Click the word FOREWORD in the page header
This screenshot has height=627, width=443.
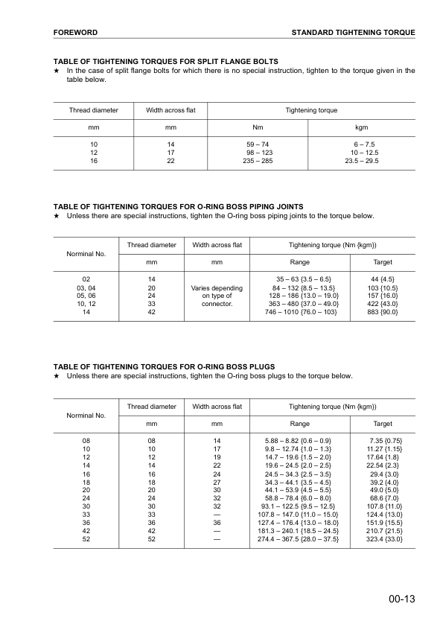coord(76,34)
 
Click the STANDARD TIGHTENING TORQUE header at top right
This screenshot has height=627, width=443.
coord(353,34)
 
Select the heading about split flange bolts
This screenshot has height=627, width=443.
coord(166,61)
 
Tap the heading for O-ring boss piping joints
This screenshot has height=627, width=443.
coord(178,206)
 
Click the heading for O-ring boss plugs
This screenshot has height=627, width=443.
coord(165,366)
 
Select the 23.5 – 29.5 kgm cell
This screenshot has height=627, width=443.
coord(362,161)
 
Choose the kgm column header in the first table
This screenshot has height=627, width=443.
coord(362,127)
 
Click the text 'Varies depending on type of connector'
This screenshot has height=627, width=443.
coord(217,296)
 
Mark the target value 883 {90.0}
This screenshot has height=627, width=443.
coord(383,313)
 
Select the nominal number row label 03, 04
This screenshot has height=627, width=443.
coord(86,287)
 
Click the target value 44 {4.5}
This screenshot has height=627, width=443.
coord(383,279)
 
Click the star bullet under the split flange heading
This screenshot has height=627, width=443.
coord(57,71)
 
